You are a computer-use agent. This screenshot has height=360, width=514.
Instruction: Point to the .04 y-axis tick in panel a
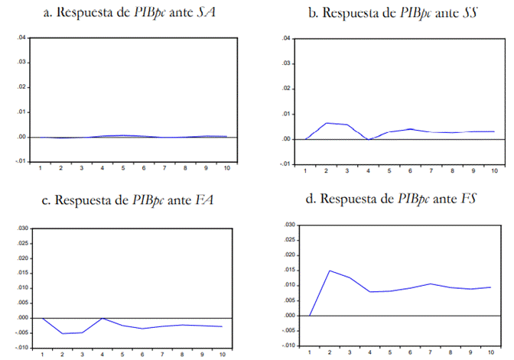click(21, 37)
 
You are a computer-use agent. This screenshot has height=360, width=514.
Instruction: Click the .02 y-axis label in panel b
click(286, 88)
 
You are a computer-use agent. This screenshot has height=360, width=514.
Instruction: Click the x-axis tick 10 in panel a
click(223, 167)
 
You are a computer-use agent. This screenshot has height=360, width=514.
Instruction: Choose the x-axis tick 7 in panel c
click(162, 354)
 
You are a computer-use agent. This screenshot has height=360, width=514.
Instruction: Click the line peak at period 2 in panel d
click(329, 271)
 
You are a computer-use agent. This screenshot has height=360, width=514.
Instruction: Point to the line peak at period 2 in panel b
click(327, 123)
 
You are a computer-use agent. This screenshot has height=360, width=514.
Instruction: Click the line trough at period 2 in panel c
click(63, 333)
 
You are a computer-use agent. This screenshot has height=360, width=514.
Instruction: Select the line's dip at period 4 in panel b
click(368, 139)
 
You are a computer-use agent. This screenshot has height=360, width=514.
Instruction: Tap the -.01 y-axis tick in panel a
click(20, 162)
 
